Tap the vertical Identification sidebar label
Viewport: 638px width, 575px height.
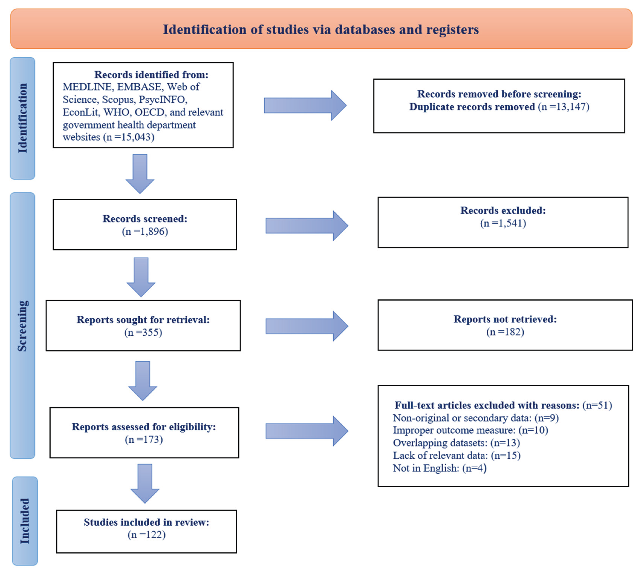pos(22,118)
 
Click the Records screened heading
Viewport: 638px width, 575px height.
pos(145,219)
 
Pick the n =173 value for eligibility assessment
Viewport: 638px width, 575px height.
pos(144,440)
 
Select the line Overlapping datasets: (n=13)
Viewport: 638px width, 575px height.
pos(456,443)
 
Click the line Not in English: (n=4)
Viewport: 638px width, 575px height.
pos(440,468)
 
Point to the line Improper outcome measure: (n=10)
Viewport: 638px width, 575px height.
pos(470,430)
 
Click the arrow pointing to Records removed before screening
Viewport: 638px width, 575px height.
pos(305,105)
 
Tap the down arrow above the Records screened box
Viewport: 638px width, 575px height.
pos(140,174)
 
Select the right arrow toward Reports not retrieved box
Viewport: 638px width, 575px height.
pos(306,326)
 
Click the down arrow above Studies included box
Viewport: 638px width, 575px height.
pos(145,483)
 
